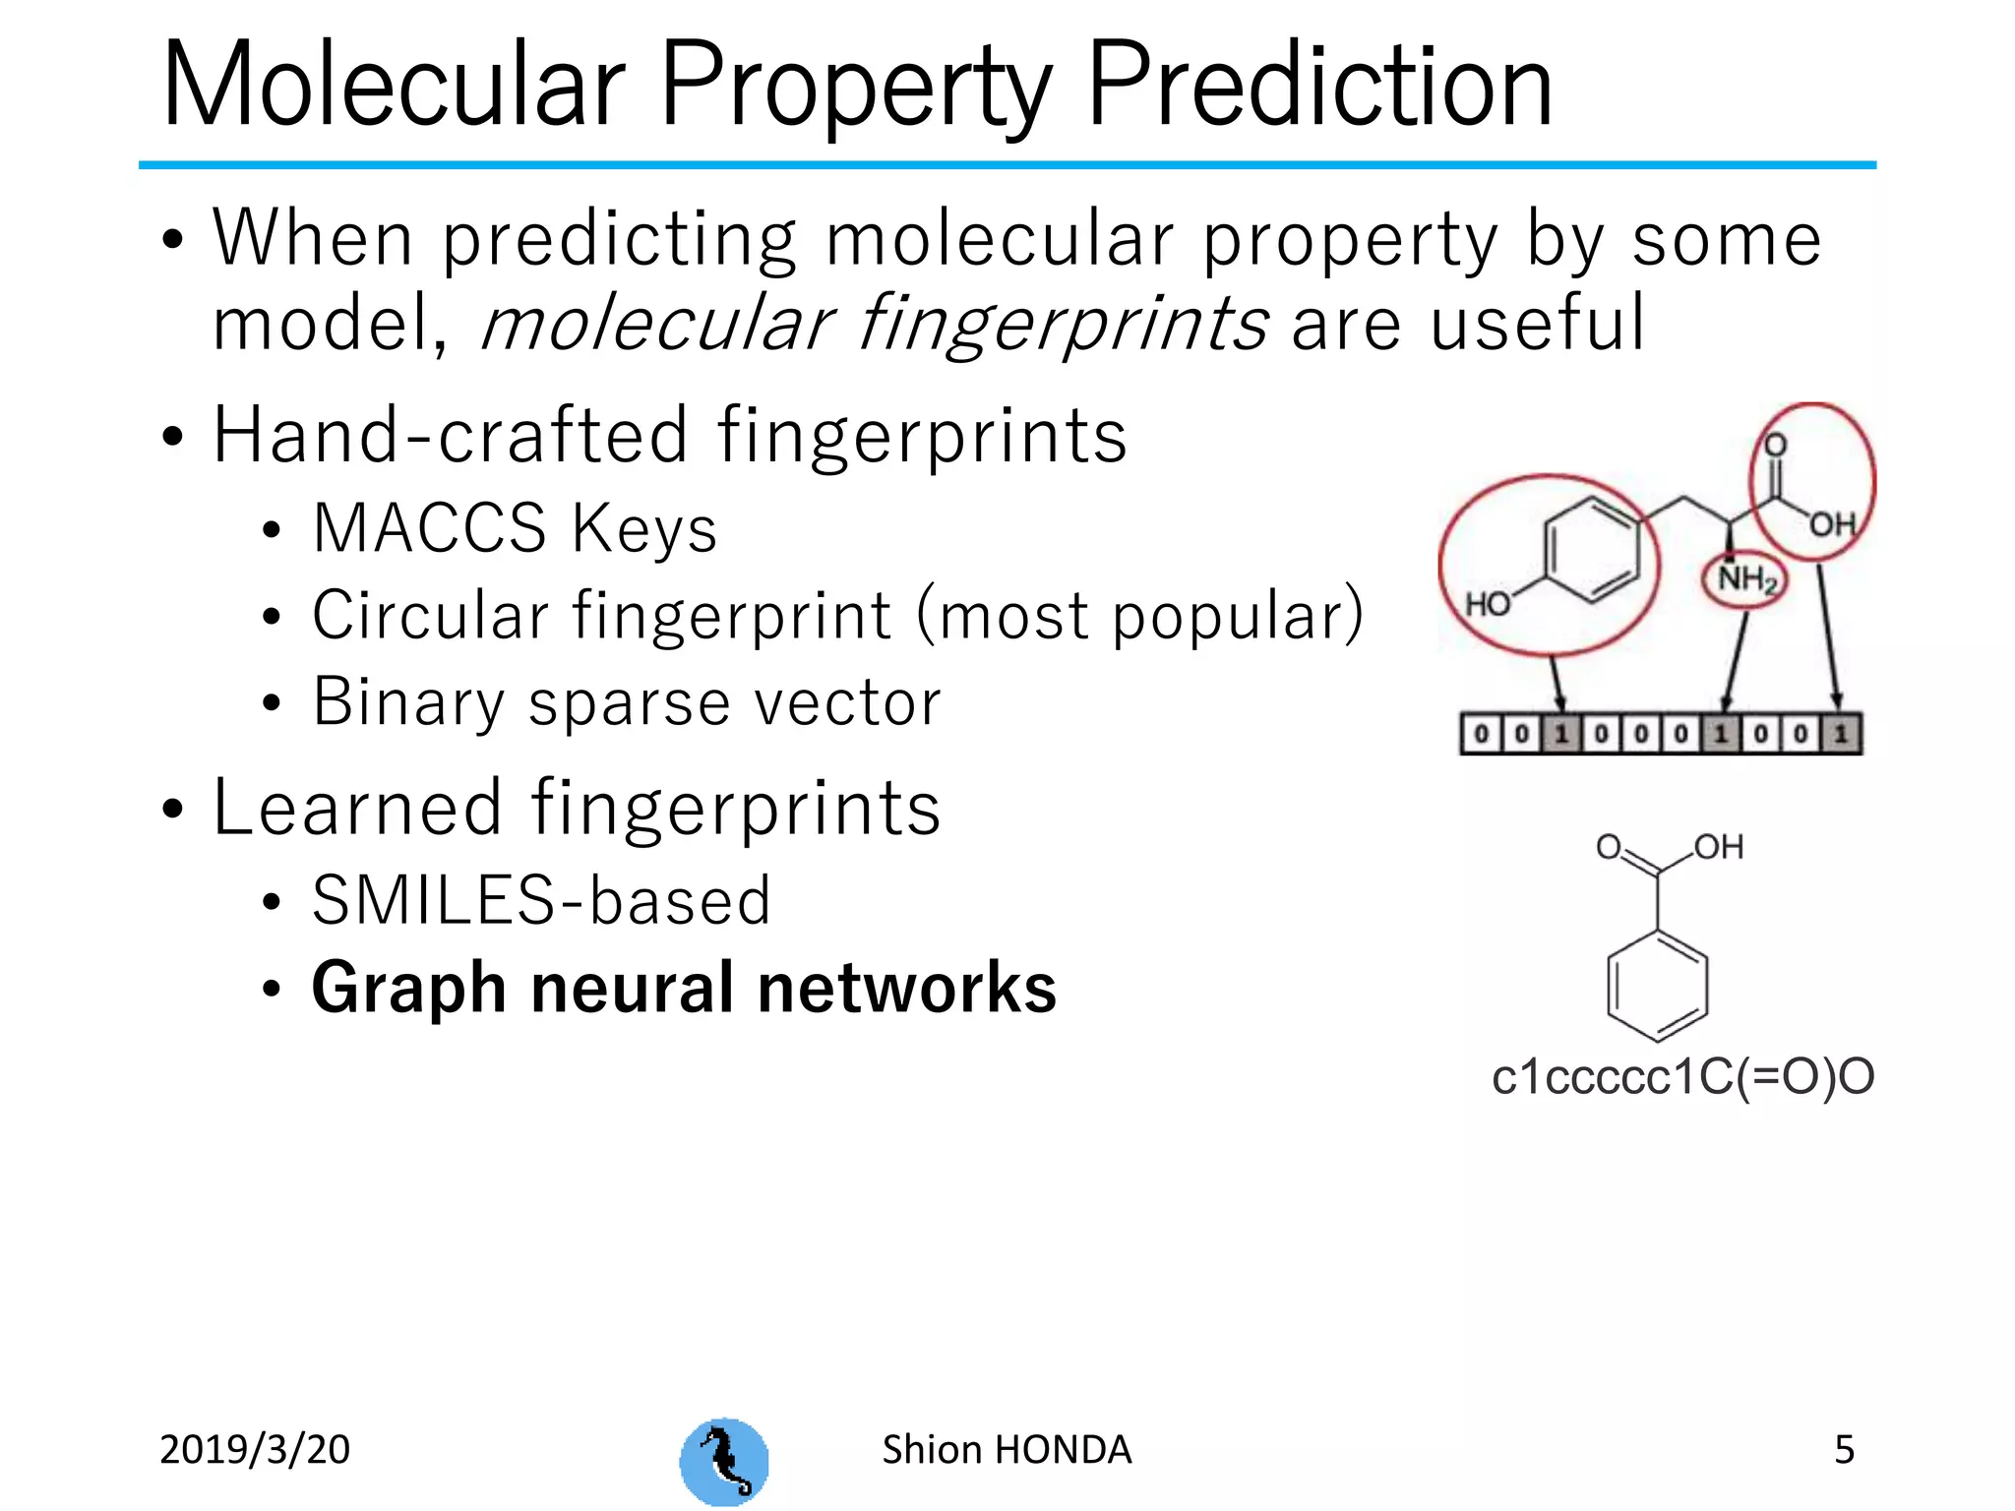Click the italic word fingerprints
[1063, 325]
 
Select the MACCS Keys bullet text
[515, 528]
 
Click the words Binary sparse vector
[627, 702]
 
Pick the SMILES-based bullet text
[541, 900]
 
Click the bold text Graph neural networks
[684, 988]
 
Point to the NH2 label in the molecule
[1746, 578]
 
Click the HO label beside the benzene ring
[1487, 603]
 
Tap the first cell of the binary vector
[1481, 734]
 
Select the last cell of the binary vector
[1841, 734]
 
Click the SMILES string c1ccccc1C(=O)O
[1682, 1077]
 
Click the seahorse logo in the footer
[724, 1461]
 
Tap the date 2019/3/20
[255, 1450]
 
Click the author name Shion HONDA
[1007, 1450]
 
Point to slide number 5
[1844, 1450]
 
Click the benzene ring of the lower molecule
[1657, 987]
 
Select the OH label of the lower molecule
[1719, 847]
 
